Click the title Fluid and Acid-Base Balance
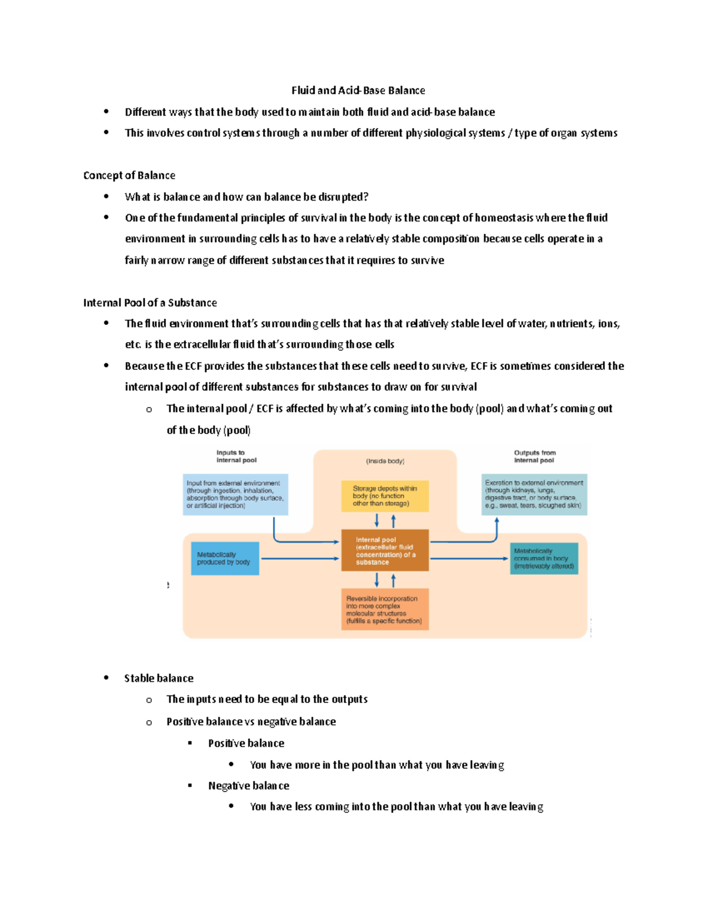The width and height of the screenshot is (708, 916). pos(358,90)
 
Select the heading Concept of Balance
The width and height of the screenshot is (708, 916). pos(129,175)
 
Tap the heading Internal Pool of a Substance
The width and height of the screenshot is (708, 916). pos(150,303)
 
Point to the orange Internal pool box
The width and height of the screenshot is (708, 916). pos(385,550)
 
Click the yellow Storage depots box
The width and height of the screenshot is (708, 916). pos(385,496)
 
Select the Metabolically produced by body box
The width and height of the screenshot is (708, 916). pos(224,559)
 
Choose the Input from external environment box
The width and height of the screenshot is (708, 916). pos(235,494)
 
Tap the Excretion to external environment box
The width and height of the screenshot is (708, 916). pos(534,494)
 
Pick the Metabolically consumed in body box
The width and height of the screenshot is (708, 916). pos(543,559)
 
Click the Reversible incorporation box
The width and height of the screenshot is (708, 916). pos(385,609)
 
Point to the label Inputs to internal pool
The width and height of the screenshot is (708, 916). pos(236,457)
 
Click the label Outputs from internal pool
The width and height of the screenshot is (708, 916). pos(535,457)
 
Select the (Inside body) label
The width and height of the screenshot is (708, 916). pos(385,461)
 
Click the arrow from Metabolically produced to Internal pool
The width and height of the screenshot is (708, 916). pos(300,559)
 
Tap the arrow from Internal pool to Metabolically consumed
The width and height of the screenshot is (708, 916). pos(469,559)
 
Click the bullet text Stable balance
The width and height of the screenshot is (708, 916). pos(159,678)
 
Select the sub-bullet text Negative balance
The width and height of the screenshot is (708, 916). pos(248,786)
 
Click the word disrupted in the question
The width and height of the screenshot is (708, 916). pos(343,197)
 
